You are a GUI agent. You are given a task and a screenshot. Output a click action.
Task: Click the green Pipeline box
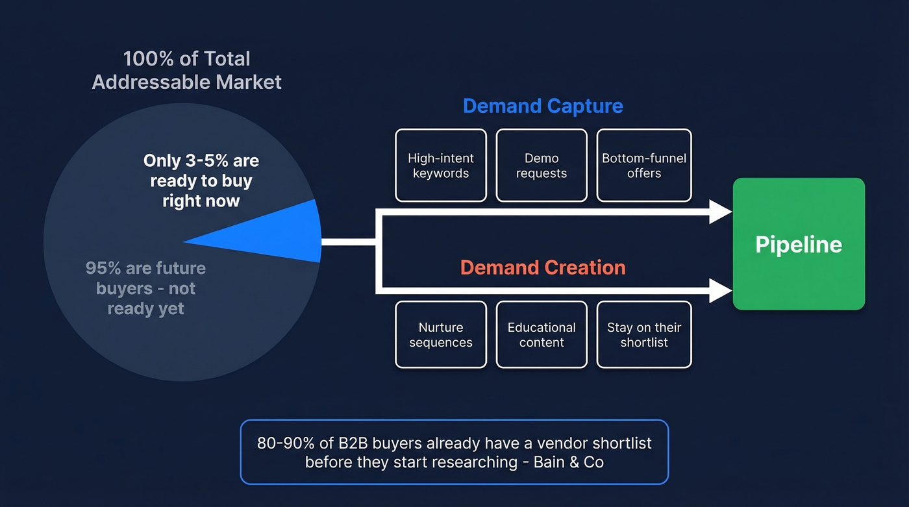coord(799,244)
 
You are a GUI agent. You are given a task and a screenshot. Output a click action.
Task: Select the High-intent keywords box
coord(441,166)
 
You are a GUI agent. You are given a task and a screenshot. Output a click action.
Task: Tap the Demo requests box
coord(542,166)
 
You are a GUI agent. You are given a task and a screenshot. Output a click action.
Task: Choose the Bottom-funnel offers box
coord(644,166)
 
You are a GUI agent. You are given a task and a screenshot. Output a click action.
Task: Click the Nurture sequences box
coord(441,335)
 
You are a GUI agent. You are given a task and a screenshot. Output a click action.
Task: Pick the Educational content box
coord(542,335)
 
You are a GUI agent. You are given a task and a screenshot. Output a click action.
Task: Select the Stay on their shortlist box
coord(644,335)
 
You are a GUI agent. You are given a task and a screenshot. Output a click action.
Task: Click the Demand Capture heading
coord(543,106)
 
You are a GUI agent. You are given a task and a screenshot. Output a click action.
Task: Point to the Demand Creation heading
coord(543,267)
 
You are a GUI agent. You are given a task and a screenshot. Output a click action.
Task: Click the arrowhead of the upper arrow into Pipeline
coord(721,212)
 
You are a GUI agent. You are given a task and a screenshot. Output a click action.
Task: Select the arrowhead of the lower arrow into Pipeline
coord(721,290)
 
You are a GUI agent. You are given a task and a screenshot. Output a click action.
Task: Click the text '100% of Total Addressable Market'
coord(187,70)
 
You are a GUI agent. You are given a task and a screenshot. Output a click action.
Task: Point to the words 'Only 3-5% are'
coord(201,160)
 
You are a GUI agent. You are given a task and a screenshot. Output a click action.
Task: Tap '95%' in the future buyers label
coord(99,268)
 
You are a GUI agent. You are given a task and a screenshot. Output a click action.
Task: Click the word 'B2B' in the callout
coord(352,443)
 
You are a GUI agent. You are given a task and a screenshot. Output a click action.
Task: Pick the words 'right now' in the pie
coord(201,201)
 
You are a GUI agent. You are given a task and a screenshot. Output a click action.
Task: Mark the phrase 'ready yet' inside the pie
coord(145,308)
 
